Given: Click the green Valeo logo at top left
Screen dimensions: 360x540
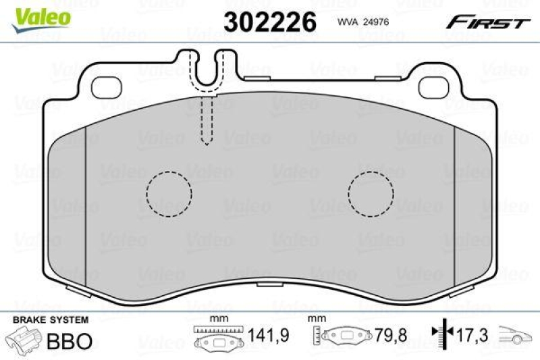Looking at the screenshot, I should [x=42, y=15].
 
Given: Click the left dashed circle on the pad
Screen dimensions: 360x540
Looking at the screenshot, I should [x=167, y=194].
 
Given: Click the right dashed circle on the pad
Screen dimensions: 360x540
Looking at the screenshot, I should [x=371, y=194].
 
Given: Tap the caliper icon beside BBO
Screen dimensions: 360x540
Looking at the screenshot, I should [x=24, y=340].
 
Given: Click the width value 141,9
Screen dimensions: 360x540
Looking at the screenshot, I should [x=265, y=336].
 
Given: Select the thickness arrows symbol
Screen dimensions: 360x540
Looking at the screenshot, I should [x=443, y=335].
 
